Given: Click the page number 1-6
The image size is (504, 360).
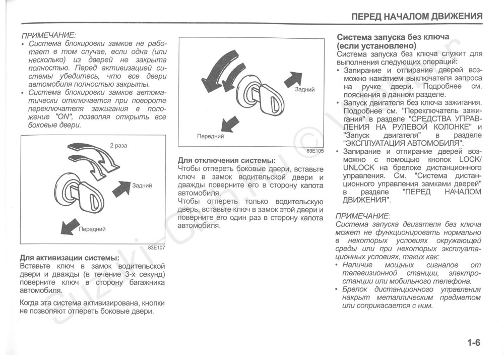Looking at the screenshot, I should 474,343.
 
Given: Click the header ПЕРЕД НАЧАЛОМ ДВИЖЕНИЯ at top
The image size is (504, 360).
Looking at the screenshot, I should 417,16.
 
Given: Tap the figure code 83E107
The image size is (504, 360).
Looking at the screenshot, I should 157,248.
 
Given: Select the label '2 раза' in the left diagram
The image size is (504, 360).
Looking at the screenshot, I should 118,146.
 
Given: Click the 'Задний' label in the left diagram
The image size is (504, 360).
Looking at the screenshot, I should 142,186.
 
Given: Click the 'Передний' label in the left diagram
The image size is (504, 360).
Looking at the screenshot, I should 92,229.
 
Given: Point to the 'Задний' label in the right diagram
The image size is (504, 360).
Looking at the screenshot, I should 305,89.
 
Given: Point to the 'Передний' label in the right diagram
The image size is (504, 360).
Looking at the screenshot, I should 210,136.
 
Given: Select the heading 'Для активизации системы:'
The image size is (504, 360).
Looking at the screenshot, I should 69,258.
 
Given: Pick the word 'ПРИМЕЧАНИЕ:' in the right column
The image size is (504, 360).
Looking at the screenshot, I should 363,215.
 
